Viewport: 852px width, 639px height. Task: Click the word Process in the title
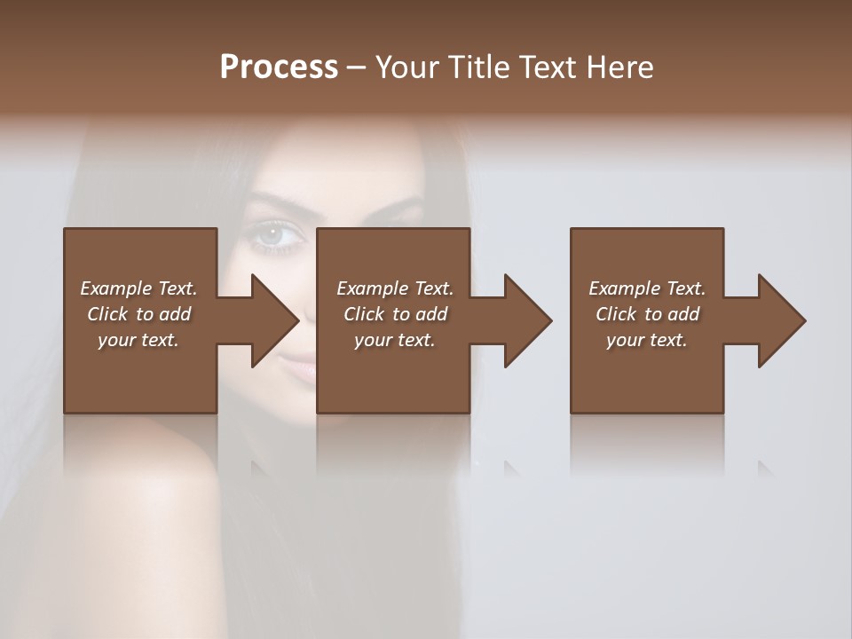tap(279, 67)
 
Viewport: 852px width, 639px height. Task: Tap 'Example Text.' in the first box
tap(138, 288)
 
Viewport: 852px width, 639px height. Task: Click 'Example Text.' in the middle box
tap(395, 288)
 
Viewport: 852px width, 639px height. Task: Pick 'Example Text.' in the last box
tap(647, 288)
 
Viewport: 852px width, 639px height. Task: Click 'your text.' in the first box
tap(138, 340)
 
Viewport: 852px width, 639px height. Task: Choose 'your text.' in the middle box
tap(395, 340)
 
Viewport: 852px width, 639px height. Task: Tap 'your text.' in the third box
tap(647, 340)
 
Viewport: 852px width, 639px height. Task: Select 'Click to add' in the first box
tap(138, 314)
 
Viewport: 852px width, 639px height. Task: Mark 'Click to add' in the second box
tap(395, 314)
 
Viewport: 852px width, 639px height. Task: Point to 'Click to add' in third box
tap(647, 314)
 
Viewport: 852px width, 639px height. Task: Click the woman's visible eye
tap(271, 235)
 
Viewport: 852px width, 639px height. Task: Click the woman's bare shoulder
tap(142, 497)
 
